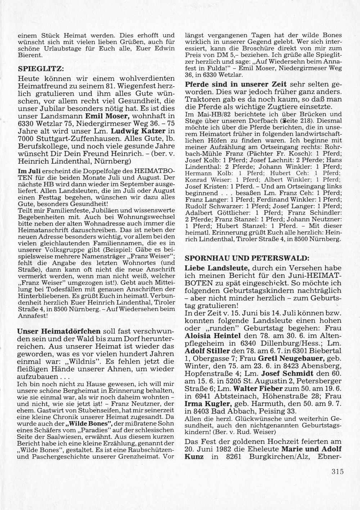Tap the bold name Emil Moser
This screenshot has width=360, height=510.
click(x=107, y=116)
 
